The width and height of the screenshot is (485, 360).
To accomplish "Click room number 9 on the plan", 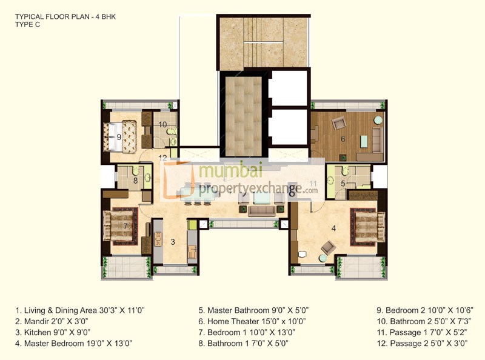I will coord(119,137).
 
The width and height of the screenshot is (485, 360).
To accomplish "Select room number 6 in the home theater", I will coord(343,139).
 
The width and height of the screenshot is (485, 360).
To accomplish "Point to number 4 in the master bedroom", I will coord(333,228).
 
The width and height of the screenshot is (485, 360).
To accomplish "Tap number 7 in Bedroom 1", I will coord(125,226).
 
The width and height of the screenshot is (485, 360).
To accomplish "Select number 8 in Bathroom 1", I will coord(135,179).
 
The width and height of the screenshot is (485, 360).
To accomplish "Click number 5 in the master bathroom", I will coord(343,183).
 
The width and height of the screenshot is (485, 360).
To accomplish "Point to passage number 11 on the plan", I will coord(313,183).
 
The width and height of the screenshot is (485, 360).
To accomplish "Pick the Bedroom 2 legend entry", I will coord(422,310).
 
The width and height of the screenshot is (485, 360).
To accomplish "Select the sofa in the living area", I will coord(261,210).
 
